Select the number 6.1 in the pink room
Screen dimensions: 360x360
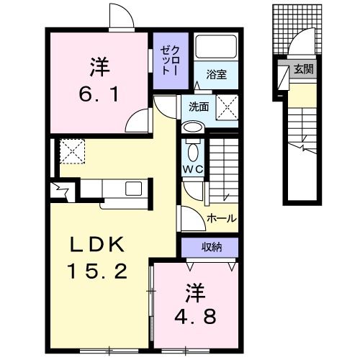click(x=99, y=94)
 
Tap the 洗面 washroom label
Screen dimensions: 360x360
click(x=199, y=107)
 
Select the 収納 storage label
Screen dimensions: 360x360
click(x=211, y=246)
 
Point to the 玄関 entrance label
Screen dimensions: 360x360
click(x=303, y=70)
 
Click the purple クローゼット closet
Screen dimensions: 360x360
click(x=166, y=60)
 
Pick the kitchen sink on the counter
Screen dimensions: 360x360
click(x=134, y=189)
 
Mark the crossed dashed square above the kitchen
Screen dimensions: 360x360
click(x=72, y=151)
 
